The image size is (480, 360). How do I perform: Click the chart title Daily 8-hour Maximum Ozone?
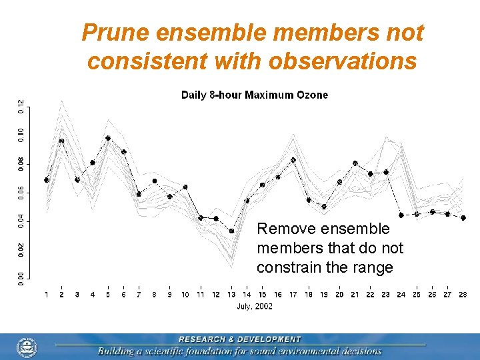point(255,95)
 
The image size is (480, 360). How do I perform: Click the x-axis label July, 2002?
point(255,307)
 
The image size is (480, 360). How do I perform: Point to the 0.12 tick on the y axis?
point(21,106)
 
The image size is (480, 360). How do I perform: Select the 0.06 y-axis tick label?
point(21,192)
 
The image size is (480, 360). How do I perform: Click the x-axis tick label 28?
point(463,295)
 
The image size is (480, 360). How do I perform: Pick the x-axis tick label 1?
point(47,295)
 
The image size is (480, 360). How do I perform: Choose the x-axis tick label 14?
point(247,295)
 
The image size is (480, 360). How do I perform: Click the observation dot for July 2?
point(62,141)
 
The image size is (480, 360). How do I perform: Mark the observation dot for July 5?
point(108,138)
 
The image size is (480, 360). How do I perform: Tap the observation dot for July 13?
point(231,231)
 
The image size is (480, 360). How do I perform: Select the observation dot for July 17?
point(293,160)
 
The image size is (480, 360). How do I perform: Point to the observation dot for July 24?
point(401,215)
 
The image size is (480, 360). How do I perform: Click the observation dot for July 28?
point(463,218)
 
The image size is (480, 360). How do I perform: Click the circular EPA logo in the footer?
point(27,347)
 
